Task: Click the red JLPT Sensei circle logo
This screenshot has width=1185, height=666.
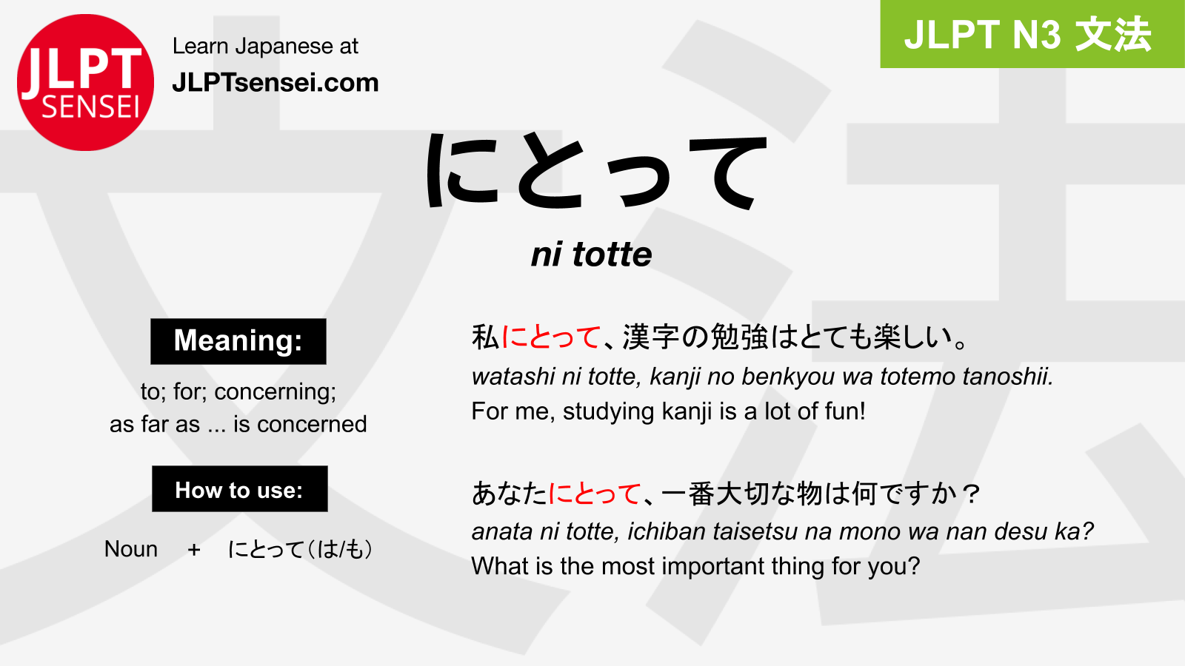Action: click(x=85, y=82)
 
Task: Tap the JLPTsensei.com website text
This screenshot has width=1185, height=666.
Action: click(x=276, y=83)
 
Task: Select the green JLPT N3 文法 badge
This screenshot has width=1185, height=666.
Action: click(x=1032, y=34)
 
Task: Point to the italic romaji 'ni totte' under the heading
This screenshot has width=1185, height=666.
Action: click(x=592, y=255)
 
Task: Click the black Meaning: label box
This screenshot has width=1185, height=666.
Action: click(x=238, y=341)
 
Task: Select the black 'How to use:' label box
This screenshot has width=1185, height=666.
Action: click(x=240, y=489)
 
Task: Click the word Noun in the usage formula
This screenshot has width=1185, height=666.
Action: click(x=130, y=549)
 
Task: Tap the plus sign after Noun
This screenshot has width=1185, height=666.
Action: click(x=194, y=550)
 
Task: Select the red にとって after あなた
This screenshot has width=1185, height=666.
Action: click(x=594, y=494)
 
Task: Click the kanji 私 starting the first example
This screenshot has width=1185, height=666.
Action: click(x=486, y=337)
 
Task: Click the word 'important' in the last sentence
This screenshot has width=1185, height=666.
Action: click(x=712, y=567)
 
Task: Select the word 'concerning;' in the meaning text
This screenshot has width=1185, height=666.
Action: click(x=275, y=392)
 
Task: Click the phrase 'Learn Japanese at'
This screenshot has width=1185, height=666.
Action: click(x=266, y=46)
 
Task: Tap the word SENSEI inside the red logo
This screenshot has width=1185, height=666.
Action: click(x=90, y=107)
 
